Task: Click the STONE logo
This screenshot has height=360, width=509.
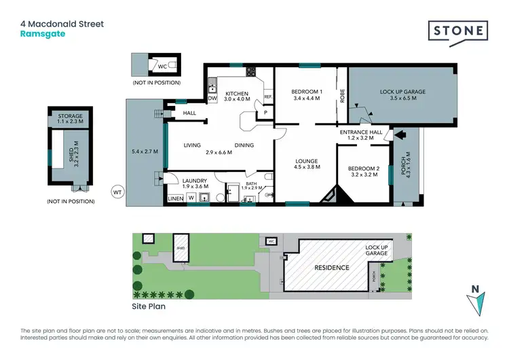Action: pyautogui.click(x=457, y=31)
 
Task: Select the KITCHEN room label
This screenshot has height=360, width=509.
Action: pyautogui.click(x=237, y=94)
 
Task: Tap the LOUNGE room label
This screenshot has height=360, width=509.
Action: pyautogui.click(x=306, y=161)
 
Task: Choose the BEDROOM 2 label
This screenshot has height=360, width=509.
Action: pyautogui.click(x=364, y=168)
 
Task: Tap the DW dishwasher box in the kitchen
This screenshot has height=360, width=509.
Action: pyautogui.click(x=212, y=98)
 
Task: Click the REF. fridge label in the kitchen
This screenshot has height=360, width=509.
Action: pyautogui.click(x=267, y=97)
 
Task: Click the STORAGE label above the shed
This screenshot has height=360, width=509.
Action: pyautogui.click(x=70, y=116)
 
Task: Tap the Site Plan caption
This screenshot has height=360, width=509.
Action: pyautogui.click(x=149, y=306)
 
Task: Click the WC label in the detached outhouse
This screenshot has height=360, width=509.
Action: pyautogui.click(x=162, y=67)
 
